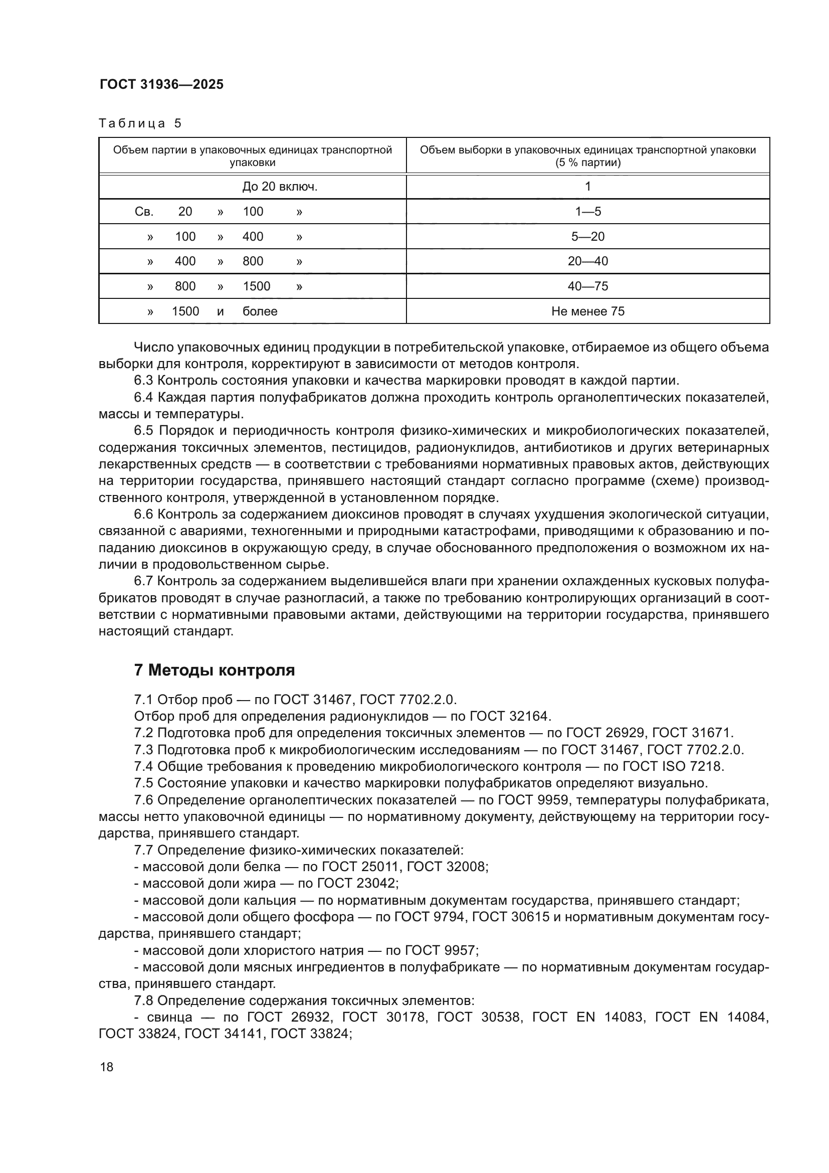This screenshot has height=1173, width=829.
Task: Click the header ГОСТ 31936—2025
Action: [x=161, y=85]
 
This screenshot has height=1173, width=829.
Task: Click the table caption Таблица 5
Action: [x=140, y=123]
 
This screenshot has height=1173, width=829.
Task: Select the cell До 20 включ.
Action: [x=280, y=187]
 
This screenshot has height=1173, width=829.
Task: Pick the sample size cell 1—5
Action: [x=587, y=212]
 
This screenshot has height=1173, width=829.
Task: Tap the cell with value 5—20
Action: [x=587, y=237]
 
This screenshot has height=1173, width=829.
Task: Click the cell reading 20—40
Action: [x=587, y=261]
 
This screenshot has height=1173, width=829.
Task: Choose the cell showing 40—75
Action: [x=587, y=286]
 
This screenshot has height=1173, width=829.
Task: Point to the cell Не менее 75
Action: [x=587, y=311]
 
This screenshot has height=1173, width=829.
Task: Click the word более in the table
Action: [x=260, y=311]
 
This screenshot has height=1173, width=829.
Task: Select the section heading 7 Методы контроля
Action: [x=215, y=670]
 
